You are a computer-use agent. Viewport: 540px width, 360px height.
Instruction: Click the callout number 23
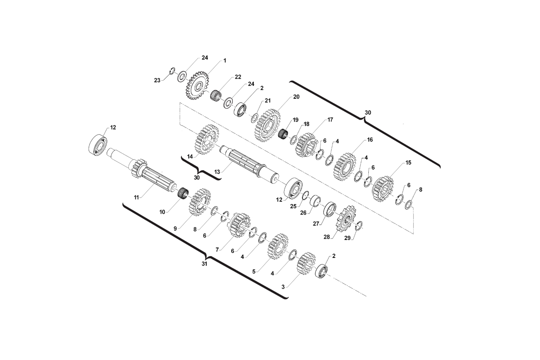pyautogui.click(x=157, y=80)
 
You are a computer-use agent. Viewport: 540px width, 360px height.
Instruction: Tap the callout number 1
pyautogui.click(x=225, y=60)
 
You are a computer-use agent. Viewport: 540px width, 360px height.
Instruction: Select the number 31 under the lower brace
pyautogui.click(x=205, y=264)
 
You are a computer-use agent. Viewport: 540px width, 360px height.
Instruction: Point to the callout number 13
pyautogui.click(x=217, y=172)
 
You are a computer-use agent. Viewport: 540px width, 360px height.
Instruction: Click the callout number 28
pyautogui.click(x=327, y=237)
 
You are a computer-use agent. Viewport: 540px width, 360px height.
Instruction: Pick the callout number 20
pyautogui.click(x=296, y=97)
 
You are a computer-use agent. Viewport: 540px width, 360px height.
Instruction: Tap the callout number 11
pyautogui.click(x=136, y=197)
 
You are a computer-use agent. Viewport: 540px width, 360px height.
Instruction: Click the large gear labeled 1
pyautogui.click(x=197, y=85)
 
